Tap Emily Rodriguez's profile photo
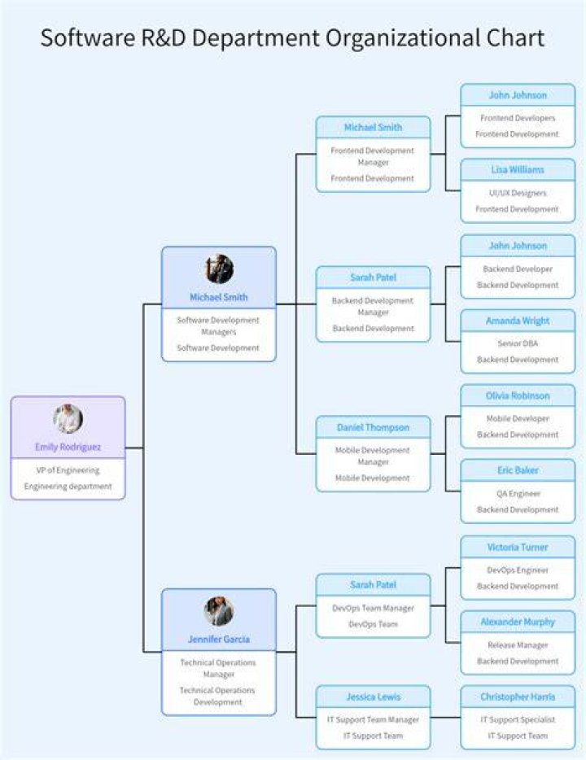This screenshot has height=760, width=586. click(68, 419)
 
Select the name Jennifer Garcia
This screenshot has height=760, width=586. click(219, 640)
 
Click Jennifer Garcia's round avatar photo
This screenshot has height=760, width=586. click(219, 611)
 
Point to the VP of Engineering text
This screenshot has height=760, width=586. click(68, 470)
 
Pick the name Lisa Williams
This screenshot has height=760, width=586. click(518, 169)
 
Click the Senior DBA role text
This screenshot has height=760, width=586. click(518, 343)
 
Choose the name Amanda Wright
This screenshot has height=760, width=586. click(518, 321)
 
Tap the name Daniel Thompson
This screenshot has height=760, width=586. click(374, 427)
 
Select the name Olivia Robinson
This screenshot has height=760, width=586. click(518, 396)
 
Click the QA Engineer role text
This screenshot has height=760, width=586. click(518, 493)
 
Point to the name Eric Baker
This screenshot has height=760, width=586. click(518, 470)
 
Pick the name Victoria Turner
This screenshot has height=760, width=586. click(518, 548)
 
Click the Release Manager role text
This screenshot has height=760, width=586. click(518, 645)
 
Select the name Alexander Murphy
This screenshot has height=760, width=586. click(518, 622)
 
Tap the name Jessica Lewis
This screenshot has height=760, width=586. click(374, 697)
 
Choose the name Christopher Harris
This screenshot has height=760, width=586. click(518, 697)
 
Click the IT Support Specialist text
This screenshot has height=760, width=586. click(518, 720)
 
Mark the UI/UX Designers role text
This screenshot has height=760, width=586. click(518, 193)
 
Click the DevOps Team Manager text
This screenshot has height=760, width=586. click(374, 608)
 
